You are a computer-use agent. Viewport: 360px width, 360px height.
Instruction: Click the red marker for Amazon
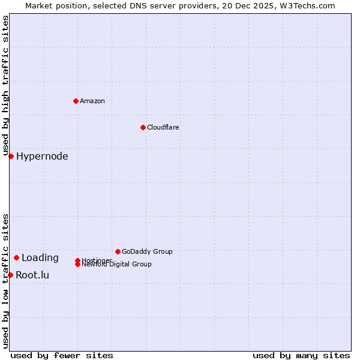pos(76,101)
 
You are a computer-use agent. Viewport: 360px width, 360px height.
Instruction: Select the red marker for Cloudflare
pos(143,127)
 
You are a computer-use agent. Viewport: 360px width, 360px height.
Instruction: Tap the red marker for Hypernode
pos(11,157)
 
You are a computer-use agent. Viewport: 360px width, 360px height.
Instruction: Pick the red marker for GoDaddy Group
pos(118,251)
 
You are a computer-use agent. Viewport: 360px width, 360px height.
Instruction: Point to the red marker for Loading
pos(16,258)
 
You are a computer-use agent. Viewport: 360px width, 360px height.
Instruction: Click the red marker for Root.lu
pos(10,275)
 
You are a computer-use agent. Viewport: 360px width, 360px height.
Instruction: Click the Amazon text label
pos(92,101)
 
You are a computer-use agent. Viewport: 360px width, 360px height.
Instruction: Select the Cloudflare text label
pos(163,127)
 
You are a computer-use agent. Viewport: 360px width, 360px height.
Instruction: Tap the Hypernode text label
pos(42,157)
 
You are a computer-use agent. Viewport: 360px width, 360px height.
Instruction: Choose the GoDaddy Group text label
pos(147,251)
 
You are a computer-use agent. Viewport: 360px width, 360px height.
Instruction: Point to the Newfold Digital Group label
pos(116,265)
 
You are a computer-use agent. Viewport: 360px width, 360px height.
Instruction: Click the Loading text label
pos(40,258)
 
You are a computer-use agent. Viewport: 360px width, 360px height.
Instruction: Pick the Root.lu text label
pos(32,275)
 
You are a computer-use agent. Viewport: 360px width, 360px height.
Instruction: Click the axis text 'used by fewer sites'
pos(62,355)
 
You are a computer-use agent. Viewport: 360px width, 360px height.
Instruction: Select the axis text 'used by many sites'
pos(301,355)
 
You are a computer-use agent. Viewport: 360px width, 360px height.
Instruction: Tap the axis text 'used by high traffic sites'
pos(5,86)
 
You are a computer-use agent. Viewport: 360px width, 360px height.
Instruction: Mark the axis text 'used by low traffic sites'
pos(5,280)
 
